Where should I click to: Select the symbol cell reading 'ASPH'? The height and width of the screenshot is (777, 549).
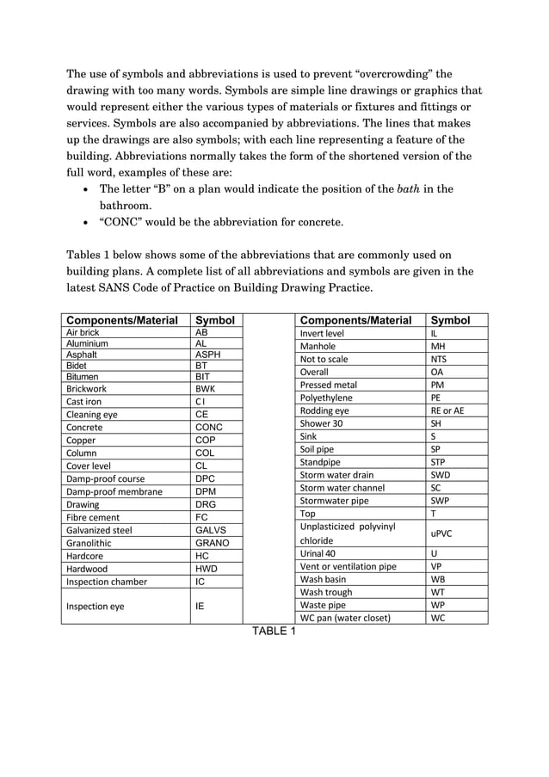pos(208,355)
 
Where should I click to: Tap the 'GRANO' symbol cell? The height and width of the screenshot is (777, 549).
pos(212,543)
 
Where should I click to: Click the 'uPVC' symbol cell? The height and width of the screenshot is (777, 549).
pos(441,533)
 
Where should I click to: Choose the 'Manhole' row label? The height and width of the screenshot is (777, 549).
pos(318,347)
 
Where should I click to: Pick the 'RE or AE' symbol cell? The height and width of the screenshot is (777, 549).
pos(447,411)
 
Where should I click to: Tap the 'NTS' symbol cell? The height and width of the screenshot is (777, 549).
pos(438,360)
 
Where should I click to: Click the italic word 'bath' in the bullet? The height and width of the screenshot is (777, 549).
pos(408,188)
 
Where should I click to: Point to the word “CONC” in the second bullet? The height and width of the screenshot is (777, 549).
pos(126,223)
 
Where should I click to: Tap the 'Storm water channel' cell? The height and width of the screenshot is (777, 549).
pos(342,488)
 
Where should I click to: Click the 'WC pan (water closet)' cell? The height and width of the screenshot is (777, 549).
pos(345,617)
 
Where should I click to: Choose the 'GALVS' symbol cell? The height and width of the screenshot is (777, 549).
pos(211,530)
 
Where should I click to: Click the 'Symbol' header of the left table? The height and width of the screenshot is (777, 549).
pos(215,320)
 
